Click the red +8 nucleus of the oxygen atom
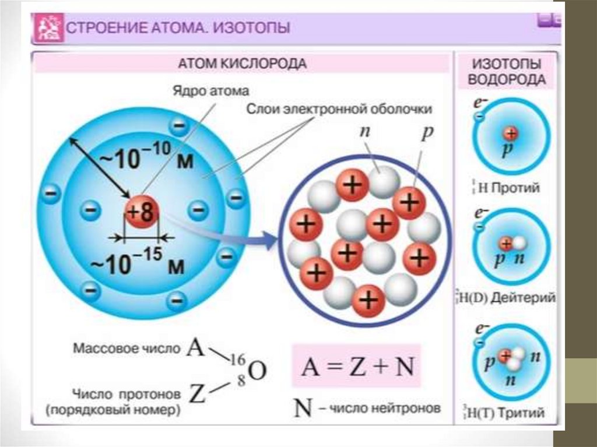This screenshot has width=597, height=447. pos(141,213)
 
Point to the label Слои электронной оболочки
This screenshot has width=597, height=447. pos(339,109)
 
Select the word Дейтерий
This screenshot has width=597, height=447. pos(523,298)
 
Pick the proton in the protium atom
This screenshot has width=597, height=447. pos(511,133)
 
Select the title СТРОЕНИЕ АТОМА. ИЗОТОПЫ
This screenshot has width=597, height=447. pos(180,27)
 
